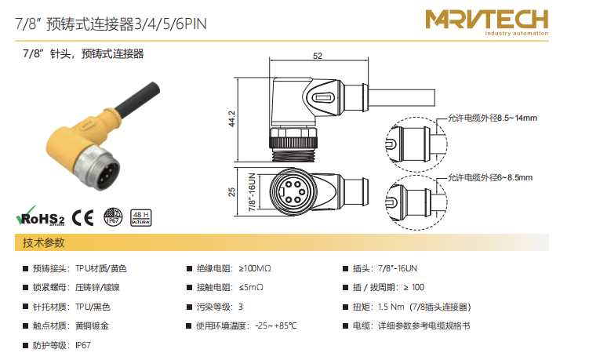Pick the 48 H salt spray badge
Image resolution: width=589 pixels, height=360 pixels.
(142, 217)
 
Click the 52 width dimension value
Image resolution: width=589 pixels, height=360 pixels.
(318, 56)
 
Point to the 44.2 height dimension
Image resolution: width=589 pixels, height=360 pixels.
(232, 118)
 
